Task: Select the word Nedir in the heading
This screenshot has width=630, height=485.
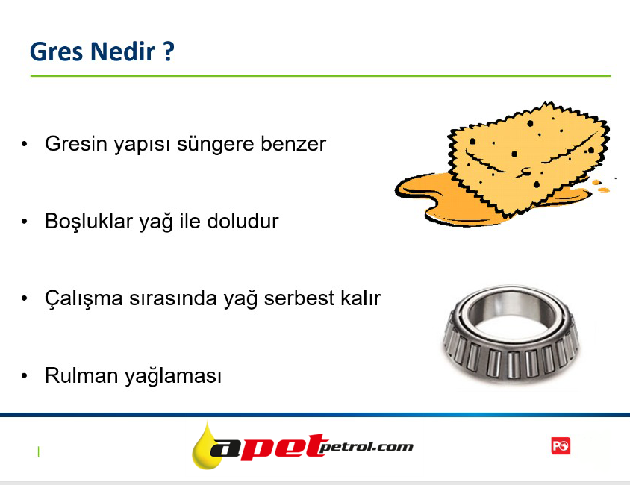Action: pos(123,51)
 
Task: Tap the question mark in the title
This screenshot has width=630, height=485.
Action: pos(169,51)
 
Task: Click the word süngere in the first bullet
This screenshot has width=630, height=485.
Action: pos(216,145)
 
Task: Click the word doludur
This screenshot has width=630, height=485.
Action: pos(243,221)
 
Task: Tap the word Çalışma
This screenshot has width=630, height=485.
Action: pos(84,298)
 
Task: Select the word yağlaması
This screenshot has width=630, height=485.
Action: pos(173,377)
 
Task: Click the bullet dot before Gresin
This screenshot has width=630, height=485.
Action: pos(25,144)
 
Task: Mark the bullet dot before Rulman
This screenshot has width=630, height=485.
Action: pos(25,376)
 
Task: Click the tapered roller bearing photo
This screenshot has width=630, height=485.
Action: pos(511,334)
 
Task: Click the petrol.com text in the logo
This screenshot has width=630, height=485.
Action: pos(367,446)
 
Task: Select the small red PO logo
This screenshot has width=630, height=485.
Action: pos(561,446)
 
